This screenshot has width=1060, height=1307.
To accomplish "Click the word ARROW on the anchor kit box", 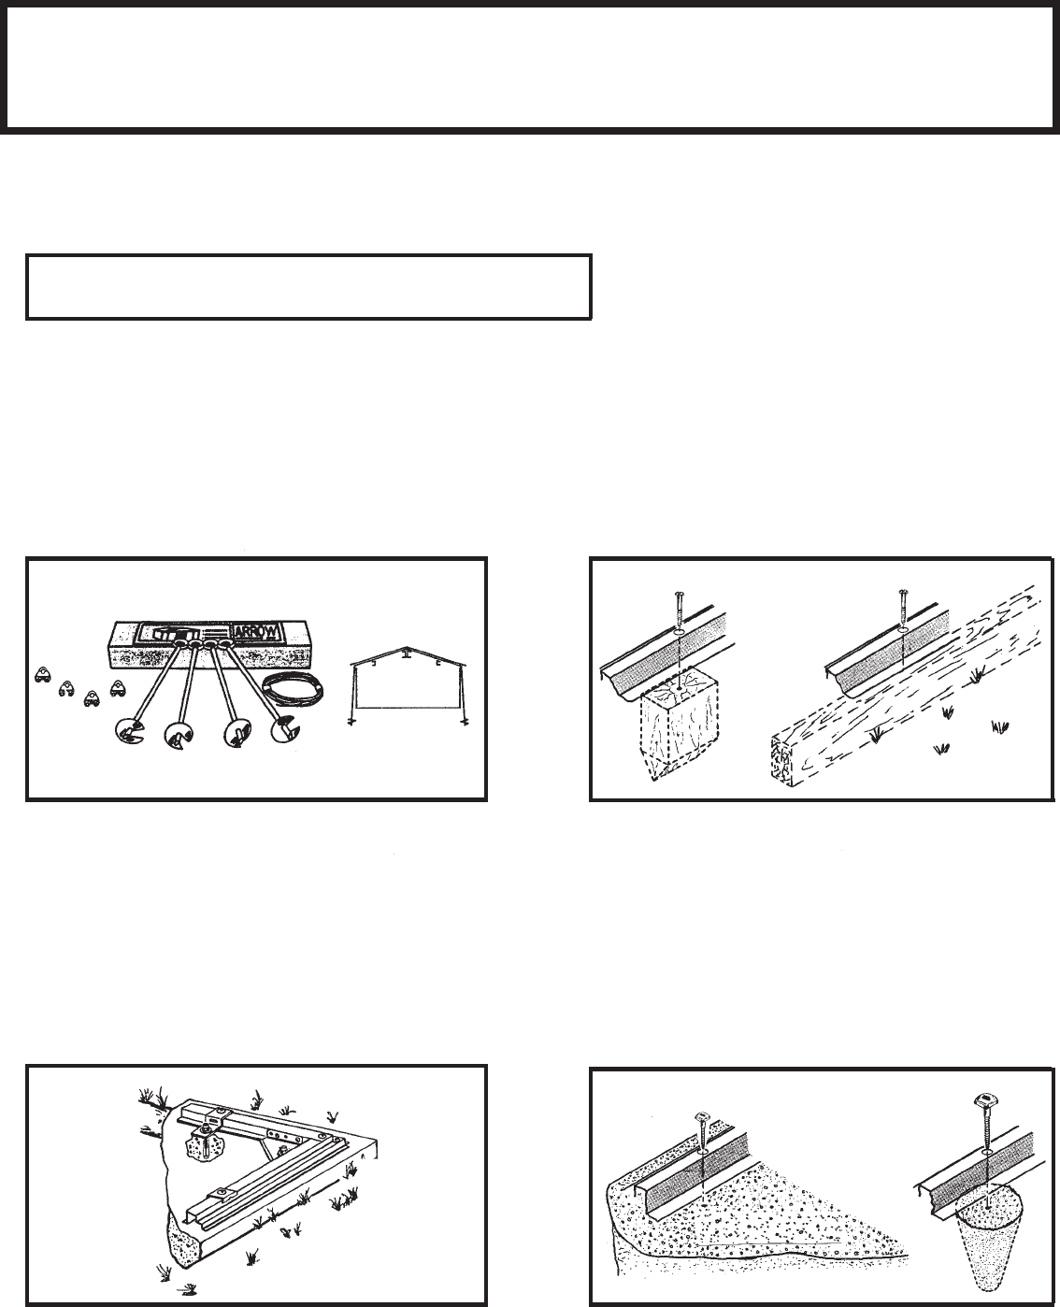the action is tap(254, 631).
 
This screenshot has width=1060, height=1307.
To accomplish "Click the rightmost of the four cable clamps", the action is tap(117, 688).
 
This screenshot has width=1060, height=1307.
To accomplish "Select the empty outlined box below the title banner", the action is tap(308, 286).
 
